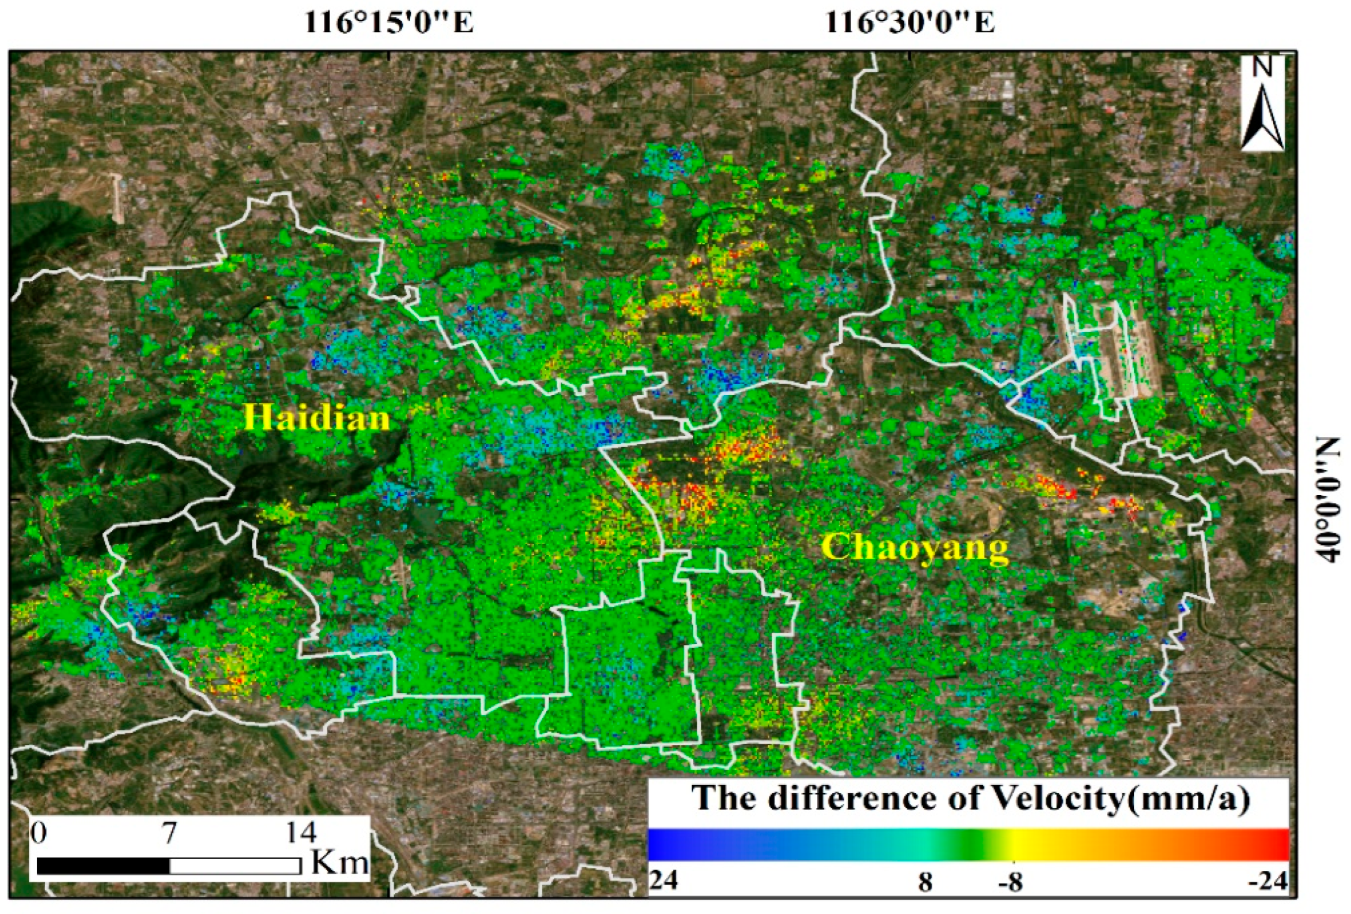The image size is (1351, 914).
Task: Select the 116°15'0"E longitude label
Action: point(389,24)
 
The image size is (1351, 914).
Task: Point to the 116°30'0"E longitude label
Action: point(910,24)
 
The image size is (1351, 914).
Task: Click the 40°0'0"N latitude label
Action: point(1327,499)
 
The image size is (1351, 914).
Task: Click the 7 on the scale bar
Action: point(169,833)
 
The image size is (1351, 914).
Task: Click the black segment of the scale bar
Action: point(103,866)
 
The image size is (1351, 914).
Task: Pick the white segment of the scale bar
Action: point(235,866)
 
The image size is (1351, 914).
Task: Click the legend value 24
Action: point(664,882)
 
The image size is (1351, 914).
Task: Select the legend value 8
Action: point(925,883)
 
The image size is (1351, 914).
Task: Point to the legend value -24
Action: point(1268,882)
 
